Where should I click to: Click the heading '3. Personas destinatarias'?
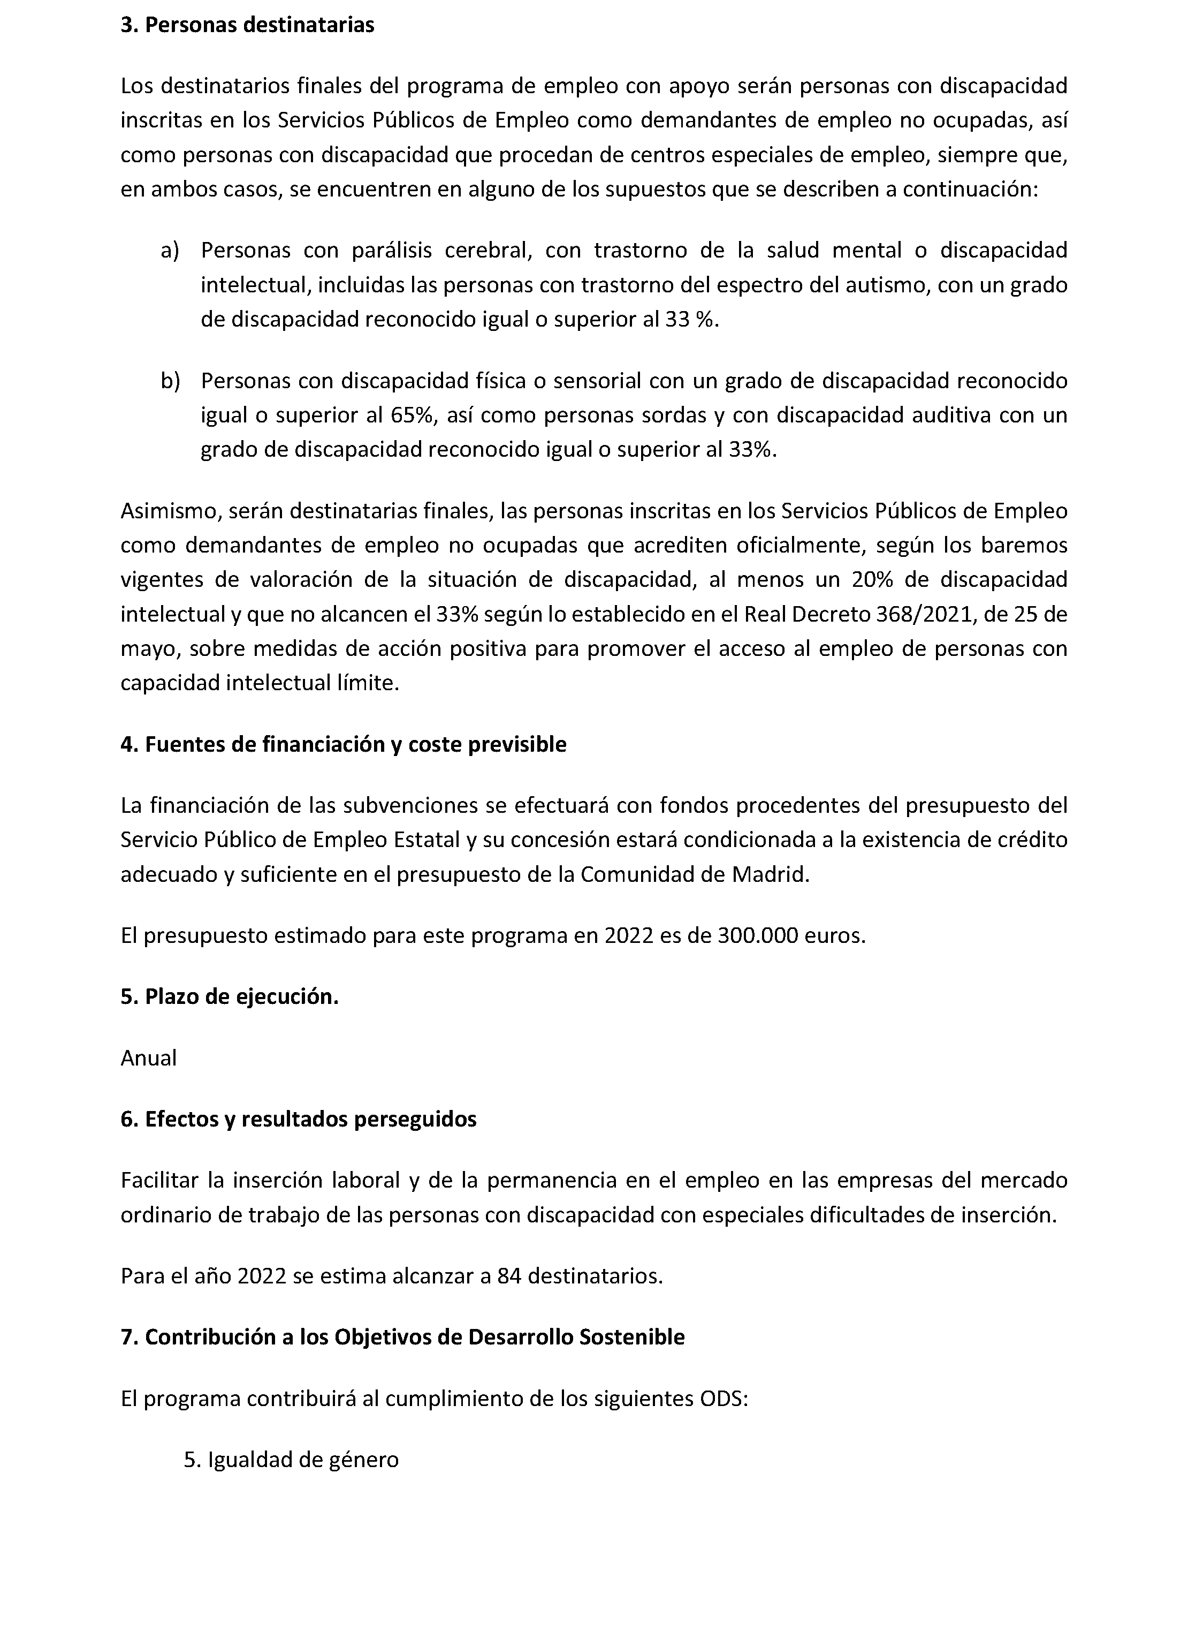click(x=247, y=25)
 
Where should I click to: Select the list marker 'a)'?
click(x=169, y=251)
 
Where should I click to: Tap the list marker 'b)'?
click(x=170, y=381)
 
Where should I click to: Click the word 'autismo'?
click(x=885, y=285)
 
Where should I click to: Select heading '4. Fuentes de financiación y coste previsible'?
click(x=343, y=744)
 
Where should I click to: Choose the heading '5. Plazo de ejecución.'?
click(x=230, y=996)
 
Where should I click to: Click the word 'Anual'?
click(x=149, y=1058)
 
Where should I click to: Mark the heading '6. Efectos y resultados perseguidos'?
click(x=298, y=1119)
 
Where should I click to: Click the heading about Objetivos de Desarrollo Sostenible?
click(x=403, y=1337)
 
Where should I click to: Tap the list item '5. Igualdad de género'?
click(x=292, y=1460)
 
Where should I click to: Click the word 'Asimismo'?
click(x=170, y=511)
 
